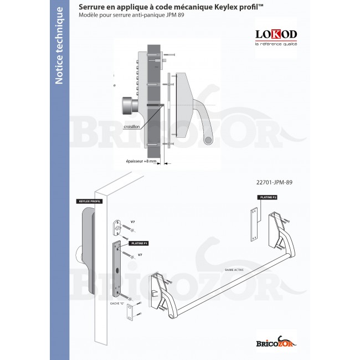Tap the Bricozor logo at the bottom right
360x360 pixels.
(x=275, y=342)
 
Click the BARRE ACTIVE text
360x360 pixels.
(x=234, y=270)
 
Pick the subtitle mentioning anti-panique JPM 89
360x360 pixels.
(x=131, y=15)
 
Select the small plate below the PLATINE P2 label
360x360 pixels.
(x=255, y=224)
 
